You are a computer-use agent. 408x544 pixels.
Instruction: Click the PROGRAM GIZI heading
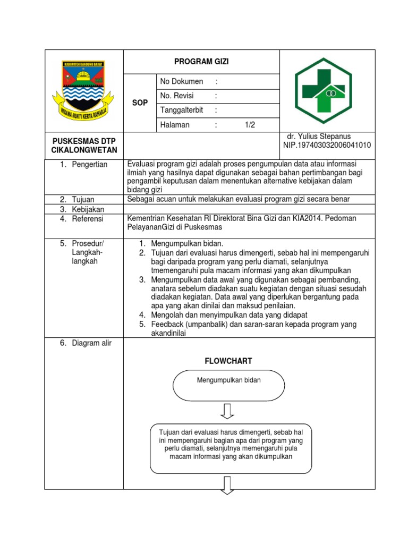click(201, 62)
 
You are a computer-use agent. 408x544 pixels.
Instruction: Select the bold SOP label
click(140, 103)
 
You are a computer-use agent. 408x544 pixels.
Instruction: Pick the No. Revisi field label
click(177, 96)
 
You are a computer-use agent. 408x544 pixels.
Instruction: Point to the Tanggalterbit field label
click(182, 110)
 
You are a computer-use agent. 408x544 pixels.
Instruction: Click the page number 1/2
click(250, 125)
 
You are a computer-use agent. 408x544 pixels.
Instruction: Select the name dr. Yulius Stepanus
click(319, 137)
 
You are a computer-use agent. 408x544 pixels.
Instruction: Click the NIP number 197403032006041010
click(327, 145)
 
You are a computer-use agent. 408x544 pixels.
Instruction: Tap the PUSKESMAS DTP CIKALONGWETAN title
click(83, 145)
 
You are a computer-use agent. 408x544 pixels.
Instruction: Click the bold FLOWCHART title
click(228, 361)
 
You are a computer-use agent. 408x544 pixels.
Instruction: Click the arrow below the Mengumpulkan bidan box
click(228, 410)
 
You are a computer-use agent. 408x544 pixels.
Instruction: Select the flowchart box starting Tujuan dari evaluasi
click(230, 448)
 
